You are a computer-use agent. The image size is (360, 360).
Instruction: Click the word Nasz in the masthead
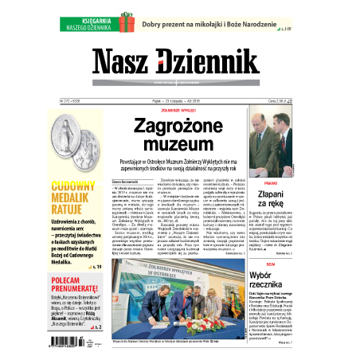[121, 63]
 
